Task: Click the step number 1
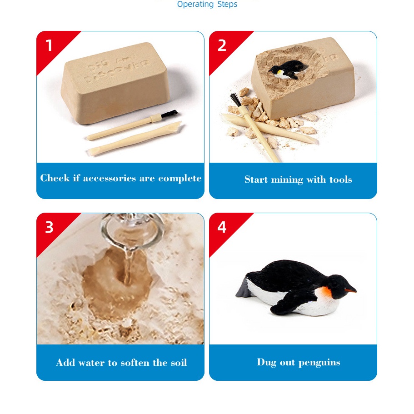tap(49, 45)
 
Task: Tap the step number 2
tap(222, 45)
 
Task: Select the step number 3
tap(49, 227)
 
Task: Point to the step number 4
tap(222, 227)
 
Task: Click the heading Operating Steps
tap(207, 5)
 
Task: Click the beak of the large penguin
tap(350, 289)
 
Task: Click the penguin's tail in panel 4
tap(242, 289)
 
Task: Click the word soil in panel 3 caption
tap(178, 363)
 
